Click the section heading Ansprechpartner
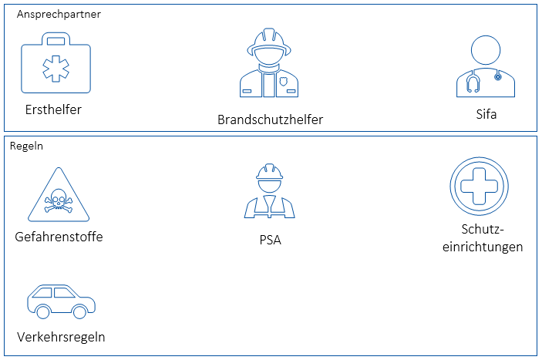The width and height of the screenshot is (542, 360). click(x=59, y=14)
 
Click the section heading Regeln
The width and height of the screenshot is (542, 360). click(x=26, y=146)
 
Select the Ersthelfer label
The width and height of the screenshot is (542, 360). click(x=52, y=109)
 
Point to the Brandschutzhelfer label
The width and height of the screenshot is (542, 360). click(x=270, y=119)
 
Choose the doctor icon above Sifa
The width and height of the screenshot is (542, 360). click(x=486, y=68)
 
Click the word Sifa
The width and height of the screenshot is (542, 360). click(x=486, y=115)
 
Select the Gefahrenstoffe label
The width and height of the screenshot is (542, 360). click(x=59, y=237)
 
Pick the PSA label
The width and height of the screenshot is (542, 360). click(x=270, y=240)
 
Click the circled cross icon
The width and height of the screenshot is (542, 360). click(x=481, y=187)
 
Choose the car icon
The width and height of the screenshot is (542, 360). click(x=61, y=300)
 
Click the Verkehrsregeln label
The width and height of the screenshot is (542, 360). click(x=61, y=337)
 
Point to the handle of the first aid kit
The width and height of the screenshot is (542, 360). click(x=54, y=39)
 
